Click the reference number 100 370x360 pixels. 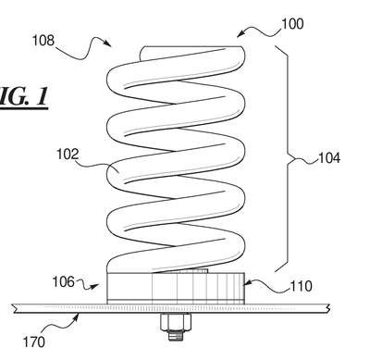[292, 24]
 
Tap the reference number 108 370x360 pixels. [43, 41]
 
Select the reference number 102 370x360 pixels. [68, 154]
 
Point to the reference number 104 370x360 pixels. [329, 158]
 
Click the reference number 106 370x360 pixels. [63, 281]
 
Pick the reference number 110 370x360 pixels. [302, 286]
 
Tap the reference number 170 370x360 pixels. [34, 341]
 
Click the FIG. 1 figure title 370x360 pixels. [24, 97]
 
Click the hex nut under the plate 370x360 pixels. [175, 321]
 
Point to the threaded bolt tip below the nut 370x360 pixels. [175, 335]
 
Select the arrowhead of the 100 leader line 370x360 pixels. [240, 34]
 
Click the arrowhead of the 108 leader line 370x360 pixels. [108, 43]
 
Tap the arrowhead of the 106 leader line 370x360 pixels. [96, 286]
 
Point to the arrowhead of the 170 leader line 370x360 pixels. [78, 316]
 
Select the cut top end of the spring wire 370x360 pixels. [142, 53]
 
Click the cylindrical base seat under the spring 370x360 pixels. [176, 288]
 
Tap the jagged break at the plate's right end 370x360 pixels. [328, 308]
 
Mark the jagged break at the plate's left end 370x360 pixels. [14, 308]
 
